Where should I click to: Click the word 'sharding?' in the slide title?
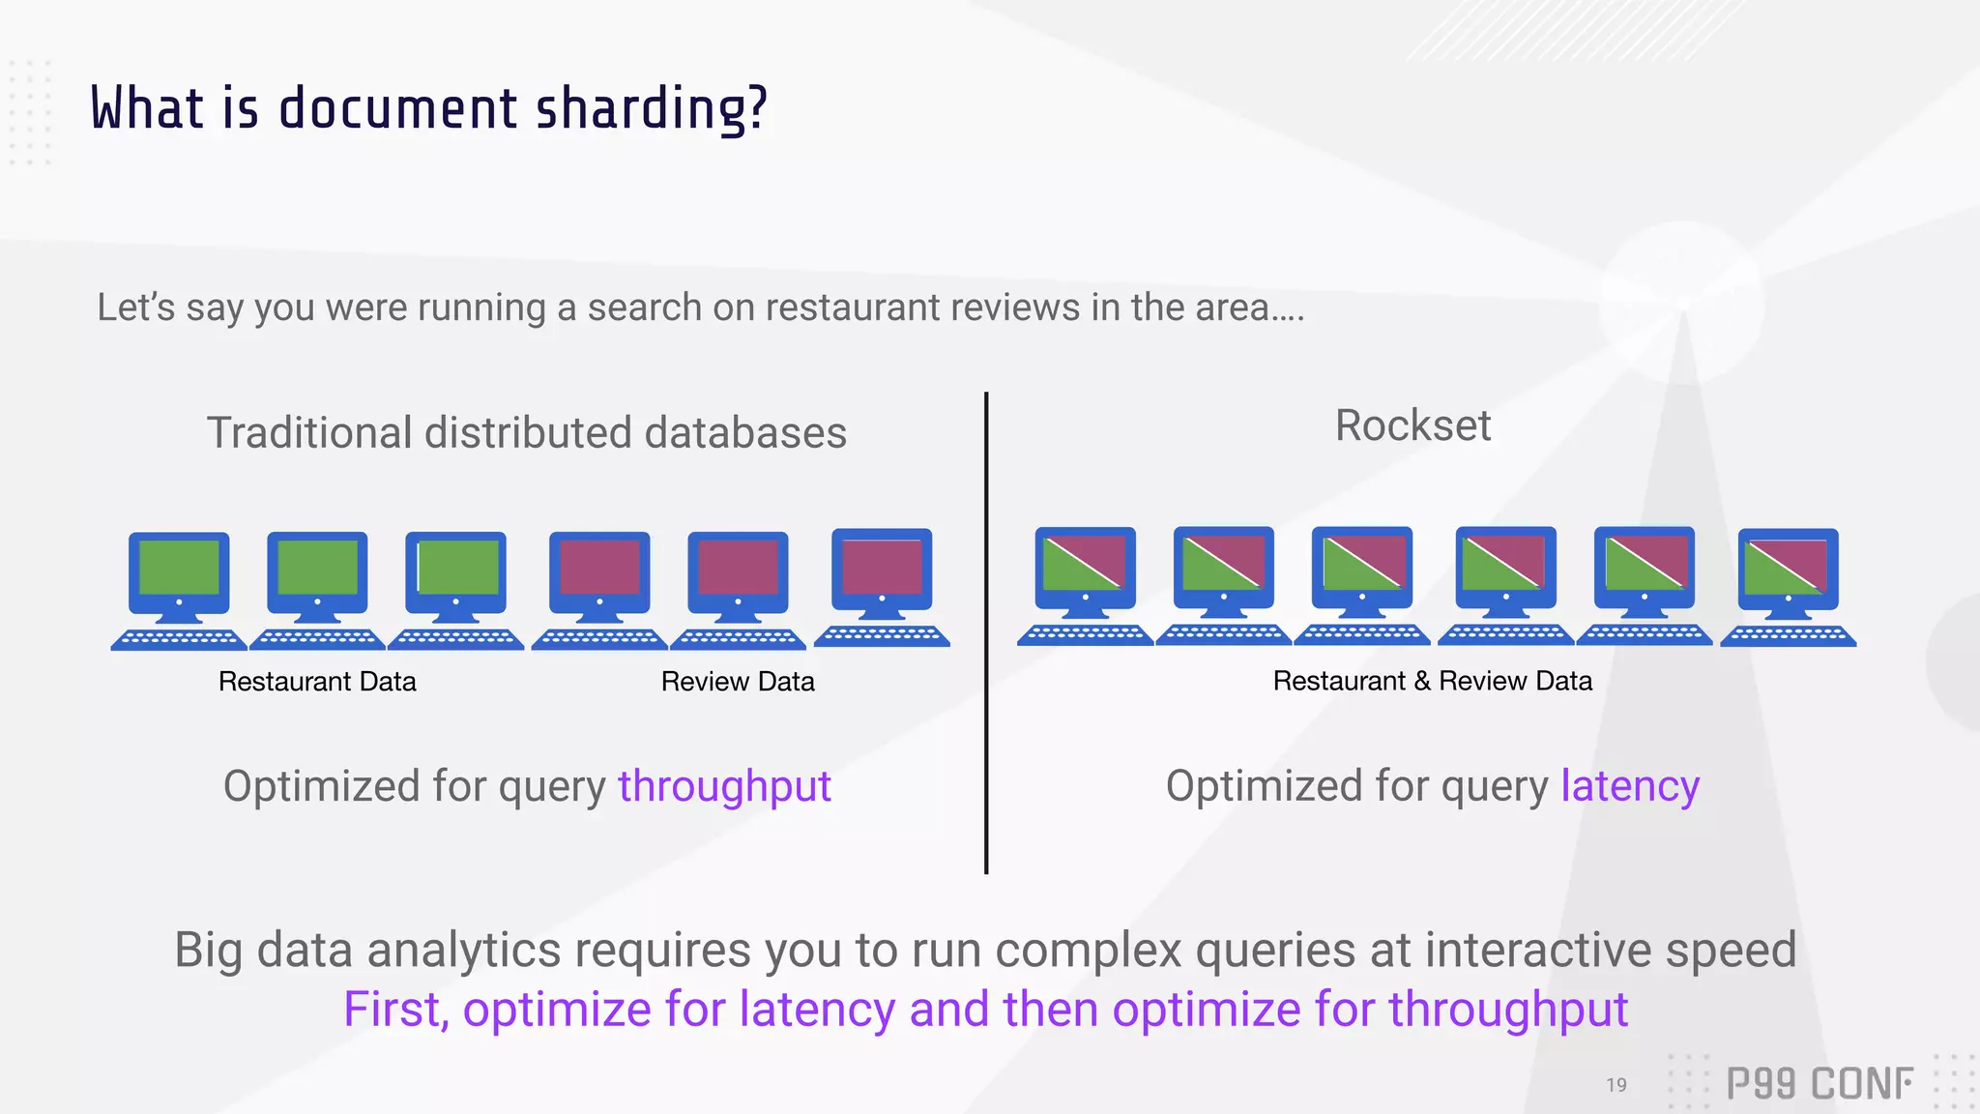[652, 108]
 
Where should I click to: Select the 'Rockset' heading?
[1412, 425]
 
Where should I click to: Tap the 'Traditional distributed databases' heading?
[527, 432]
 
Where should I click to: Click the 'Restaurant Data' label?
[317, 682]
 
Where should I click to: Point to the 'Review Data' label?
[738, 682]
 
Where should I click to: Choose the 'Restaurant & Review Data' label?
[1432, 681]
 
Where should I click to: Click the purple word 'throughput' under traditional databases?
[724, 786]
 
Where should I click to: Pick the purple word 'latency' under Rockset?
[1630, 786]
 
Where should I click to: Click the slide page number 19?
[1616, 1085]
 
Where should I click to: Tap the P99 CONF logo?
[1819, 1084]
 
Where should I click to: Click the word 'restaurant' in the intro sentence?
[829, 308]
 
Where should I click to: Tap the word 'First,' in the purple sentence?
[396, 1010]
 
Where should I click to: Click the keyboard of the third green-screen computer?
[455, 639]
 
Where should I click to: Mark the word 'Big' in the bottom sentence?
[208, 952]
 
